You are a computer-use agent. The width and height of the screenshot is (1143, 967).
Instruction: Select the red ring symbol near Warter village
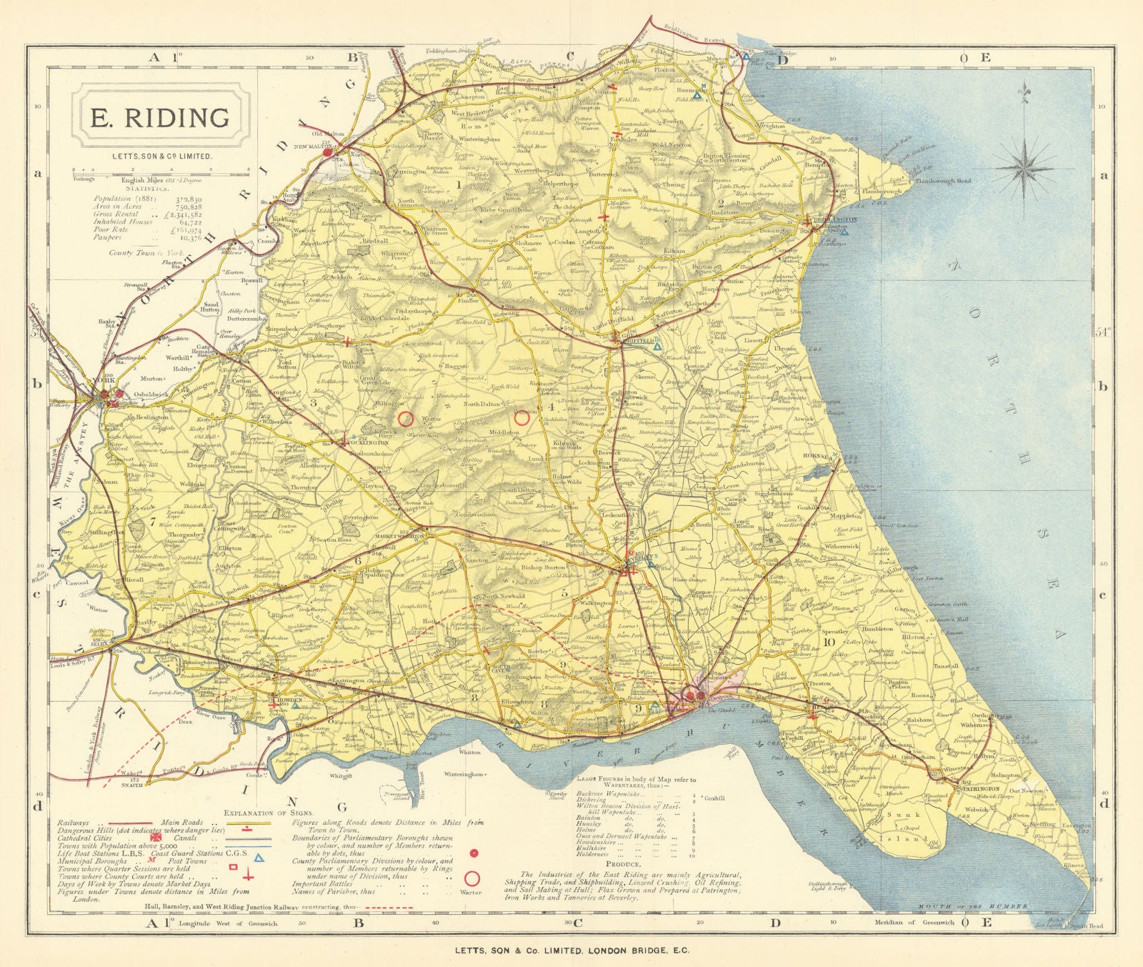pos(406,419)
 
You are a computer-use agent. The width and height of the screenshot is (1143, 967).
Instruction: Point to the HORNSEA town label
pos(815,455)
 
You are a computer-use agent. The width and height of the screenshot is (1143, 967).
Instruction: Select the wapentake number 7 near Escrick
pos(153,520)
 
